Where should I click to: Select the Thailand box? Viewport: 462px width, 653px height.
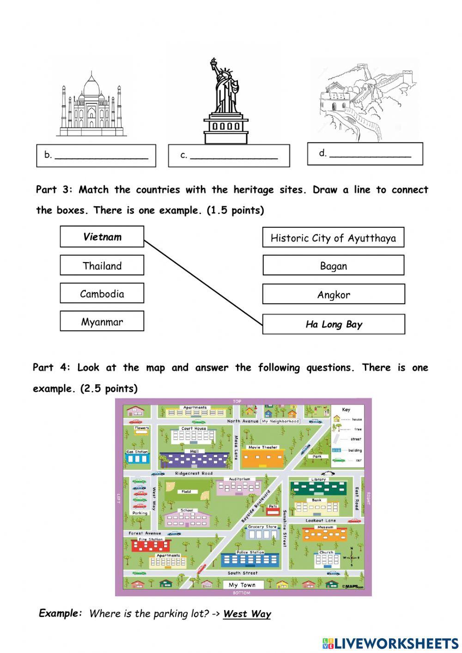tap(102, 266)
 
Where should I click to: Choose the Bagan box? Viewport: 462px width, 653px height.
tap(333, 266)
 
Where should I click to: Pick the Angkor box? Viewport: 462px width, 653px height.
tap(333, 294)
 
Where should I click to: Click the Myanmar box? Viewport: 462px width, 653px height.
tap(102, 322)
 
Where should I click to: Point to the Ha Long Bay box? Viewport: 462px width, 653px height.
tap(334, 324)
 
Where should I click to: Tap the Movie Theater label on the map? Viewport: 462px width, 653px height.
tap(263, 447)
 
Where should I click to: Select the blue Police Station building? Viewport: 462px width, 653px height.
tap(250, 560)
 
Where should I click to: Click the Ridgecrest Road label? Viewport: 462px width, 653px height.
tap(194, 474)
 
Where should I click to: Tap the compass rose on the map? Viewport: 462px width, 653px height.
tap(352, 556)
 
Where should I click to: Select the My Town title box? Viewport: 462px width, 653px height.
tap(242, 585)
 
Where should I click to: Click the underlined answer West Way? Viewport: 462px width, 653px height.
tap(247, 614)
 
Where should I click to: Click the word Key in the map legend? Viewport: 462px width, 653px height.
tap(346, 409)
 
